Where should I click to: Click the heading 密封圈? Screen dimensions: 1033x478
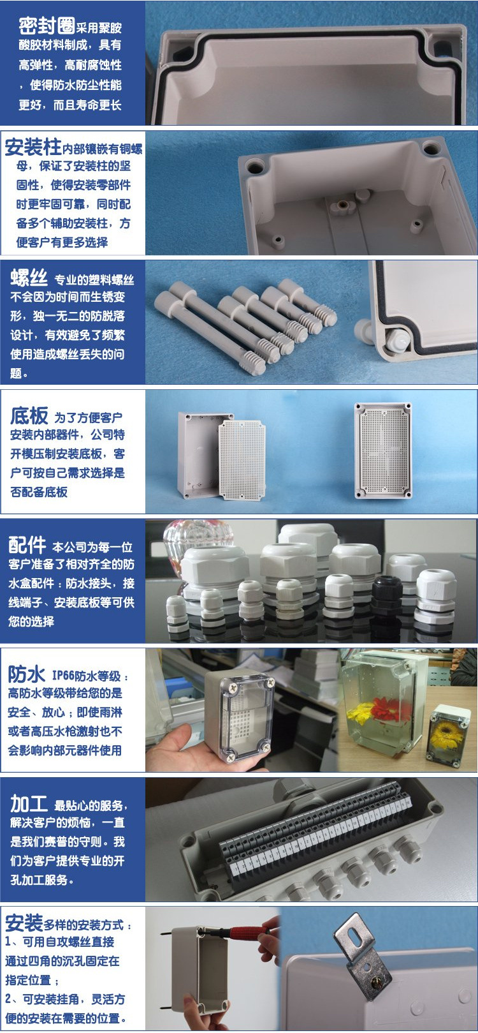(47, 26)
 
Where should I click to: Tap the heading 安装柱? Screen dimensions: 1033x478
(33, 147)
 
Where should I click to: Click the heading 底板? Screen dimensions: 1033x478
(29, 416)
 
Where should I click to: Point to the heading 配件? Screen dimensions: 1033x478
(27, 546)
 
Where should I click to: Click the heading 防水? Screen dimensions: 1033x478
(26, 674)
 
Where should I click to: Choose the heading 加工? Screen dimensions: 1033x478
(29, 804)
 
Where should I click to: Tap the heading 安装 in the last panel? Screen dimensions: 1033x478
(24, 923)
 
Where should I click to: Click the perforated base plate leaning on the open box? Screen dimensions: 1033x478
(242, 461)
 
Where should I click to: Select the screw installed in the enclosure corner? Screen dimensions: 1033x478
(395, 340)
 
